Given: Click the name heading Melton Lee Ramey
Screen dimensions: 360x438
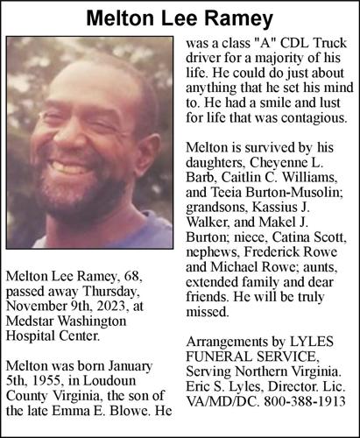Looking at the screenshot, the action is tap(180, 18).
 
